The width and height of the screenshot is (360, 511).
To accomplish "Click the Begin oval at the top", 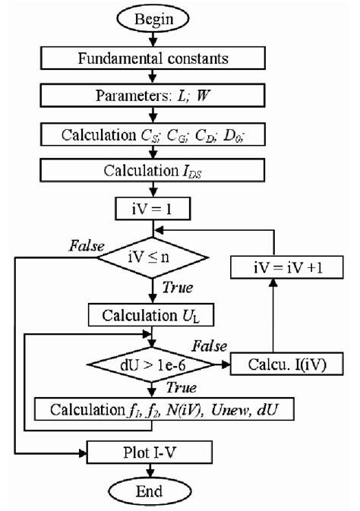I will pos(154,16).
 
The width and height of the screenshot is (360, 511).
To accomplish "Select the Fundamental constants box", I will pos(154,56).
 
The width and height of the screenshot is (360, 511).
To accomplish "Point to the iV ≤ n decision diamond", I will pos(154,258).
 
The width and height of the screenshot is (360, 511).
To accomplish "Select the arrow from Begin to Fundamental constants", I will pos(154,38).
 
